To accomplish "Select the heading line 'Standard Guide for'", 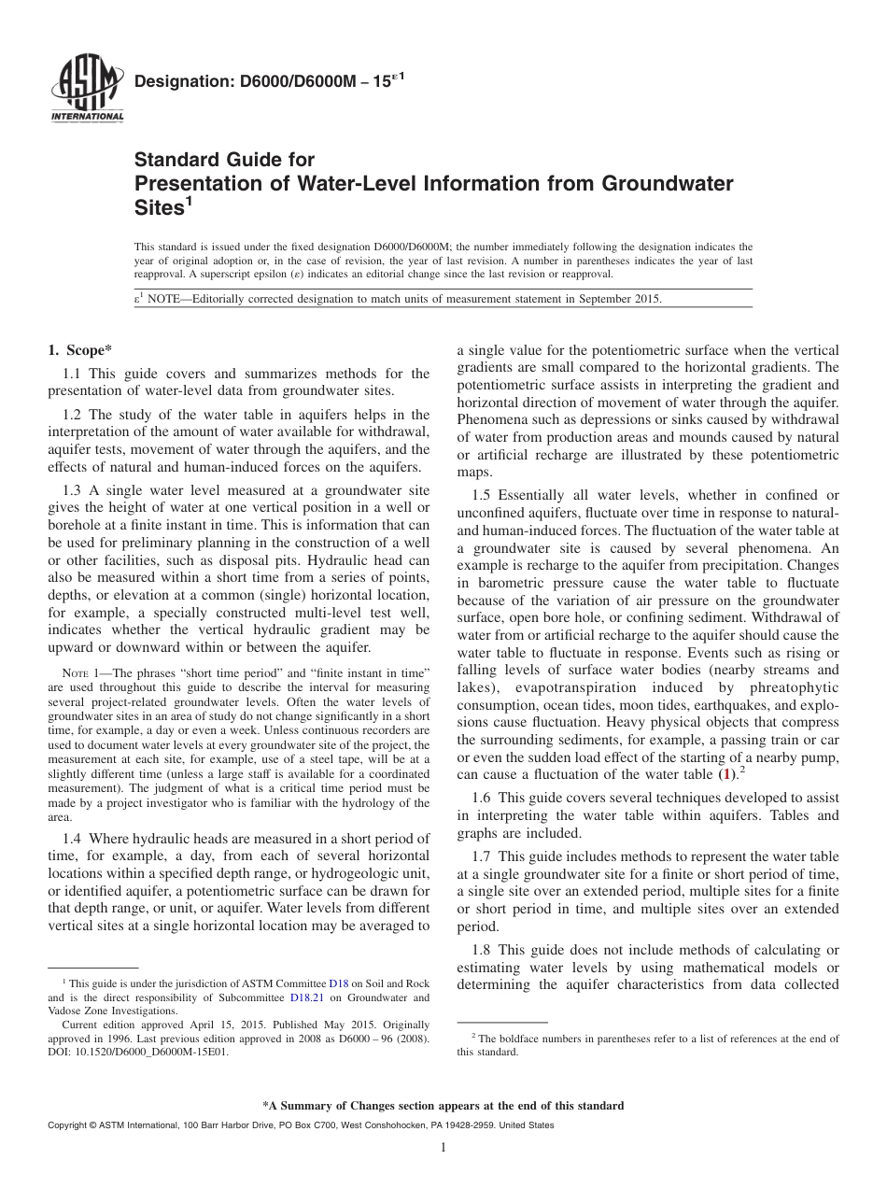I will pos(225,161).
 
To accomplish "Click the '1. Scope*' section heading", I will pos(79,350).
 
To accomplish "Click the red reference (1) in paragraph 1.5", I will pos(725,774).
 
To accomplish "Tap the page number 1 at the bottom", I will pos(443,1149).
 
